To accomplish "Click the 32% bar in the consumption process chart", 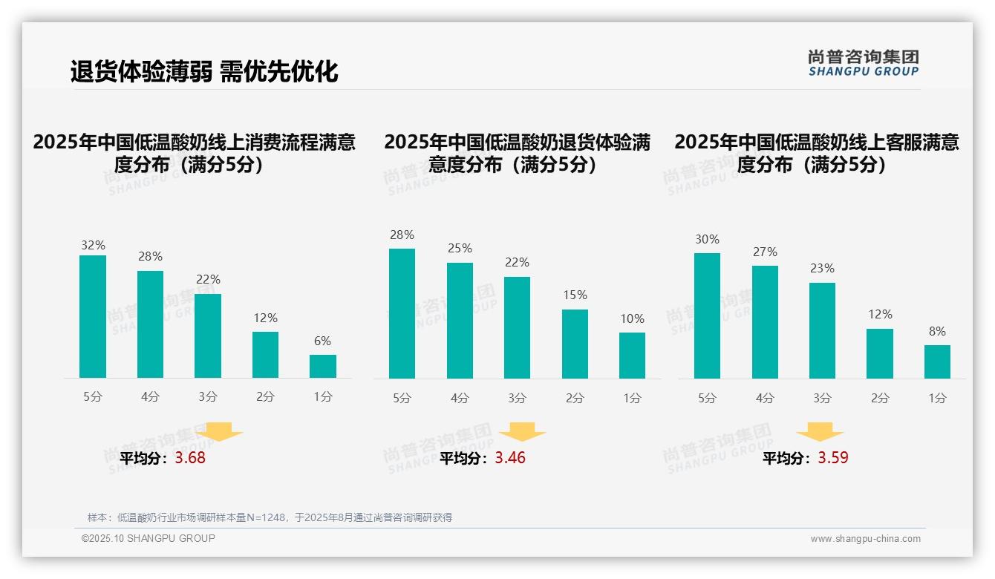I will [93, 317].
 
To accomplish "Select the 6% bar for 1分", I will [323, 366].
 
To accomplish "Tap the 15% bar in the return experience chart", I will [575, 344].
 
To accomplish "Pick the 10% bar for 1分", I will [632, 356].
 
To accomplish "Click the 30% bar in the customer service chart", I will [707, 315].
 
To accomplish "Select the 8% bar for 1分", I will [937, 362].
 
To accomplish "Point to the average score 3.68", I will [190, 458].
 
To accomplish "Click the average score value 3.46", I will [510, 458].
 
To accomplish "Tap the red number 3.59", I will [833, 458].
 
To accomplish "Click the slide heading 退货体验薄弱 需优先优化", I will [204, 71].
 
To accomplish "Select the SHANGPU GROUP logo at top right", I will [863, 63].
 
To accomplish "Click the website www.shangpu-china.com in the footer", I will [865, 539].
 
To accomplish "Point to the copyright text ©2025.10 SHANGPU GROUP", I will [149, 538].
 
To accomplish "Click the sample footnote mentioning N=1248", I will [270, 517].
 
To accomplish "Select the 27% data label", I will [765, 252].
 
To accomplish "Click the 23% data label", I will [822, 269].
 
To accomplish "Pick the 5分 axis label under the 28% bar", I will [402, 399].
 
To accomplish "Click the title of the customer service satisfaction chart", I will [817, 153].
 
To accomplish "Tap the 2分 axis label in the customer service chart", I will [880, 399].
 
